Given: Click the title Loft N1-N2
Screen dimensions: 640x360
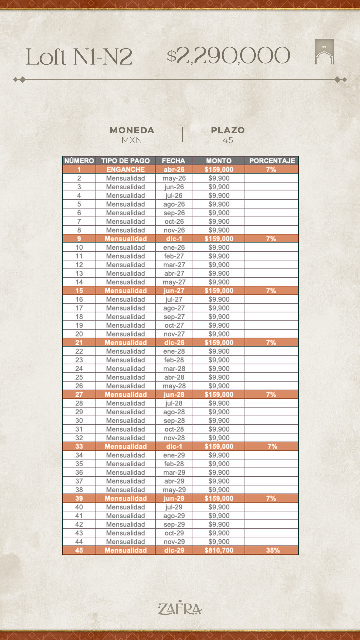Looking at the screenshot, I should coord(79,57).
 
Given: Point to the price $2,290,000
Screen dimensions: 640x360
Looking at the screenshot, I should coord(228,56).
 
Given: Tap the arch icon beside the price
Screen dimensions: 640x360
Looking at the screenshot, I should coord(324,52).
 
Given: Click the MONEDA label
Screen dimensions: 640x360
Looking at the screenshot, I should coord(132,130).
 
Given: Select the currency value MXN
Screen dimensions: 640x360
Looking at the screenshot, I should coord(132,140).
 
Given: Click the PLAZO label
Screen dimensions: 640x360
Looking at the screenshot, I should coord(228,130).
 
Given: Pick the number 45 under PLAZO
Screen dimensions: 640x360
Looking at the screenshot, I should coord(228,140).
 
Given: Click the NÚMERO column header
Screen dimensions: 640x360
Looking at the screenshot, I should coord(79,161).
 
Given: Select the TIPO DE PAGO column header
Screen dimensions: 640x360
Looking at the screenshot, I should coord(126,161).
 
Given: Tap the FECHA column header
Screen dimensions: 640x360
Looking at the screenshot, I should coord(173,161).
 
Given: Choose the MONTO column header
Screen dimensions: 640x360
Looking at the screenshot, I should coord(219,161).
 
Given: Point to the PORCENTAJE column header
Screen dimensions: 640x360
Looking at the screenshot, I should coord(272,161).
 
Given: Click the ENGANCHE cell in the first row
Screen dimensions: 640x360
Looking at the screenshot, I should coord(126,169).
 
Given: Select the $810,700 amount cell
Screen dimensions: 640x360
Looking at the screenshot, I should coord(219,550).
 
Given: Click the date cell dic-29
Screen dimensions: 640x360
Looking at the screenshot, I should coord(174,550).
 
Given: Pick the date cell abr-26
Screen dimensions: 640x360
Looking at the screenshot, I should coord(174,169).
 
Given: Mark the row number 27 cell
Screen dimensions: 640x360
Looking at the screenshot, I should coord(79,394).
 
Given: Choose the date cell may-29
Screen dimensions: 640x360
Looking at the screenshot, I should coord(174,490).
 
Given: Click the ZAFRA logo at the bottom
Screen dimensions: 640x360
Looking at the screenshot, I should coord(180,608).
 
